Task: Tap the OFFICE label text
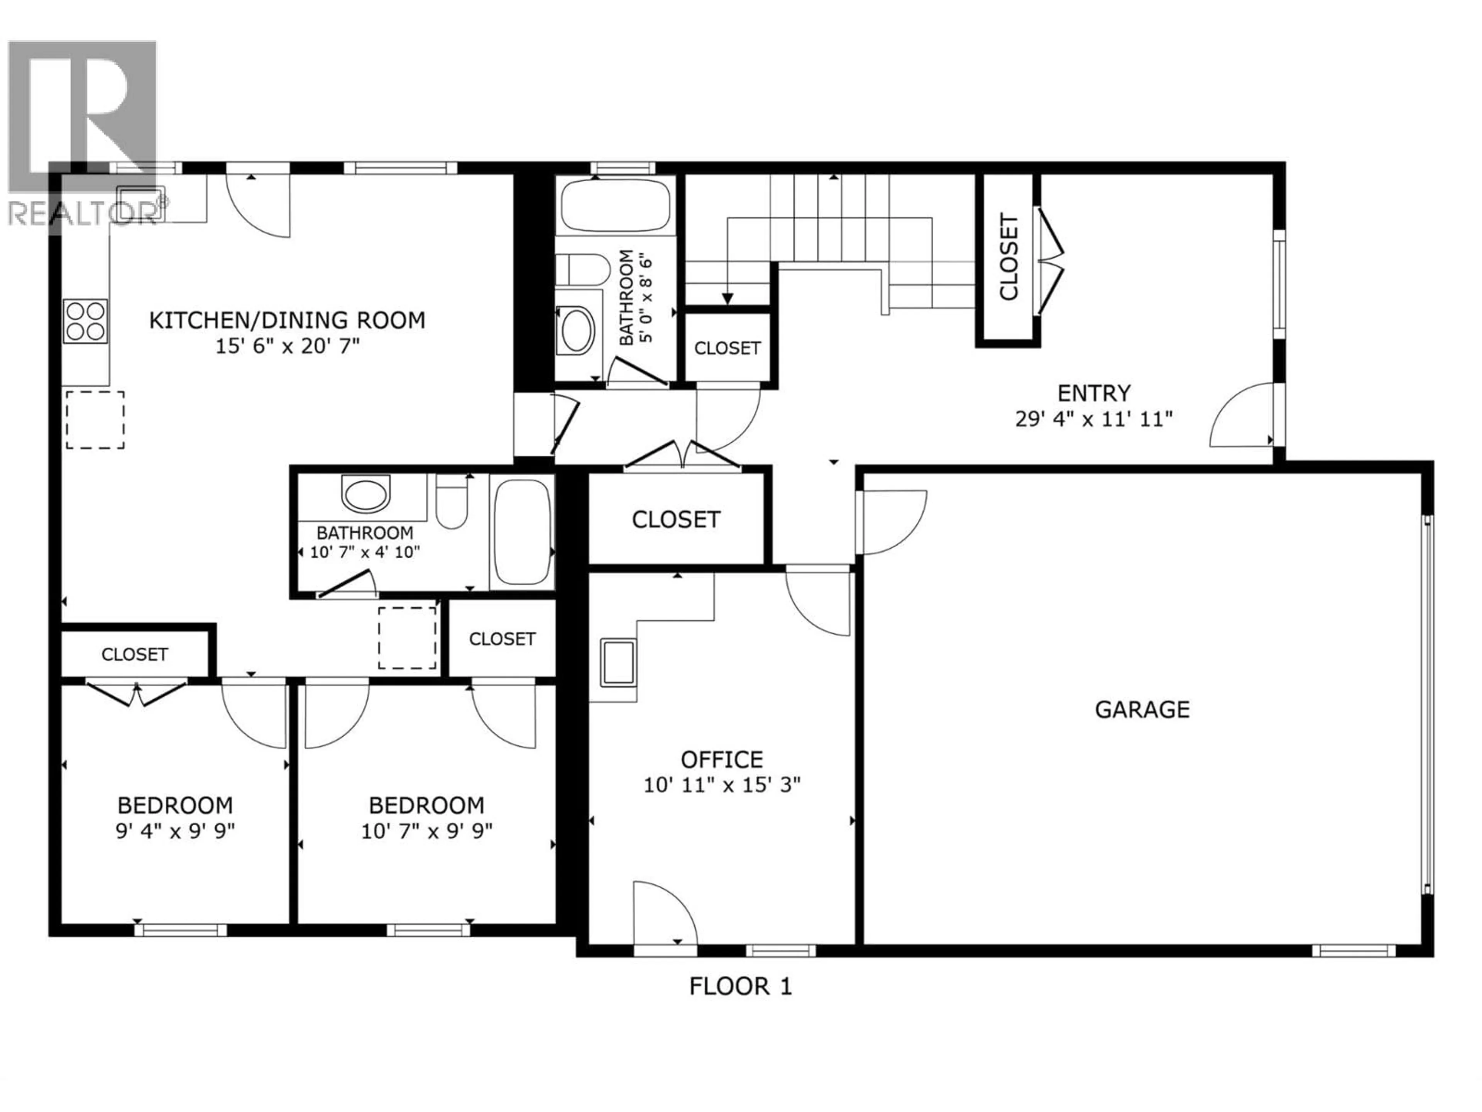[x=722, y=759]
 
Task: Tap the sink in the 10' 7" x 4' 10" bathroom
[x=365, y=494]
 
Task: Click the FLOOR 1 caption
[x=740, y=987]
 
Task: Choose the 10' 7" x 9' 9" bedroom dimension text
[x=427, y=831]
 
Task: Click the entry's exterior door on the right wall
[x=1243, y=415]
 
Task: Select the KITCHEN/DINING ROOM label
[x=287, y=320]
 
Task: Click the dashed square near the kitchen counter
[x=95, y=420]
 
